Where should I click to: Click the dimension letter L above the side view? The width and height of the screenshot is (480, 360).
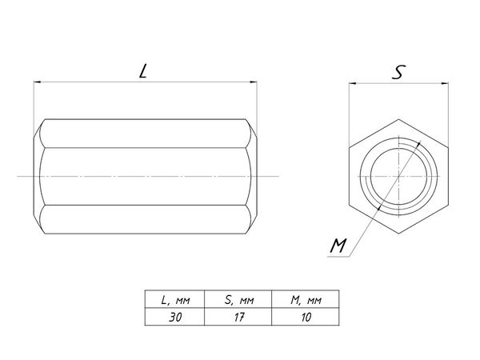[x=142, y=71]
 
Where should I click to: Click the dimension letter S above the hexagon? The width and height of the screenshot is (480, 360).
[x=398, y=72]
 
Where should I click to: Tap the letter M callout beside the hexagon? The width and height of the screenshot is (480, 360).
[x=338, y=246]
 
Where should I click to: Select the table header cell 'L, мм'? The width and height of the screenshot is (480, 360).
[x=175, y=300]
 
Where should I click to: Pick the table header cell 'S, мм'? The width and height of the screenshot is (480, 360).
[x=239, y=300]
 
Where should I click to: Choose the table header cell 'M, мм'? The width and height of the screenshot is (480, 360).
[x=306, y=300]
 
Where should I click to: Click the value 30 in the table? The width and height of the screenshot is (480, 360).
[x=175, y=317]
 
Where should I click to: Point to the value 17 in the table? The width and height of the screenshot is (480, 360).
[x=238, y=317]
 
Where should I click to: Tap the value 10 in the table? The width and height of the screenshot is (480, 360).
[x=306, y=317]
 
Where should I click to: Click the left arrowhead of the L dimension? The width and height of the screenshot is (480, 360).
[x=37, y=82]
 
